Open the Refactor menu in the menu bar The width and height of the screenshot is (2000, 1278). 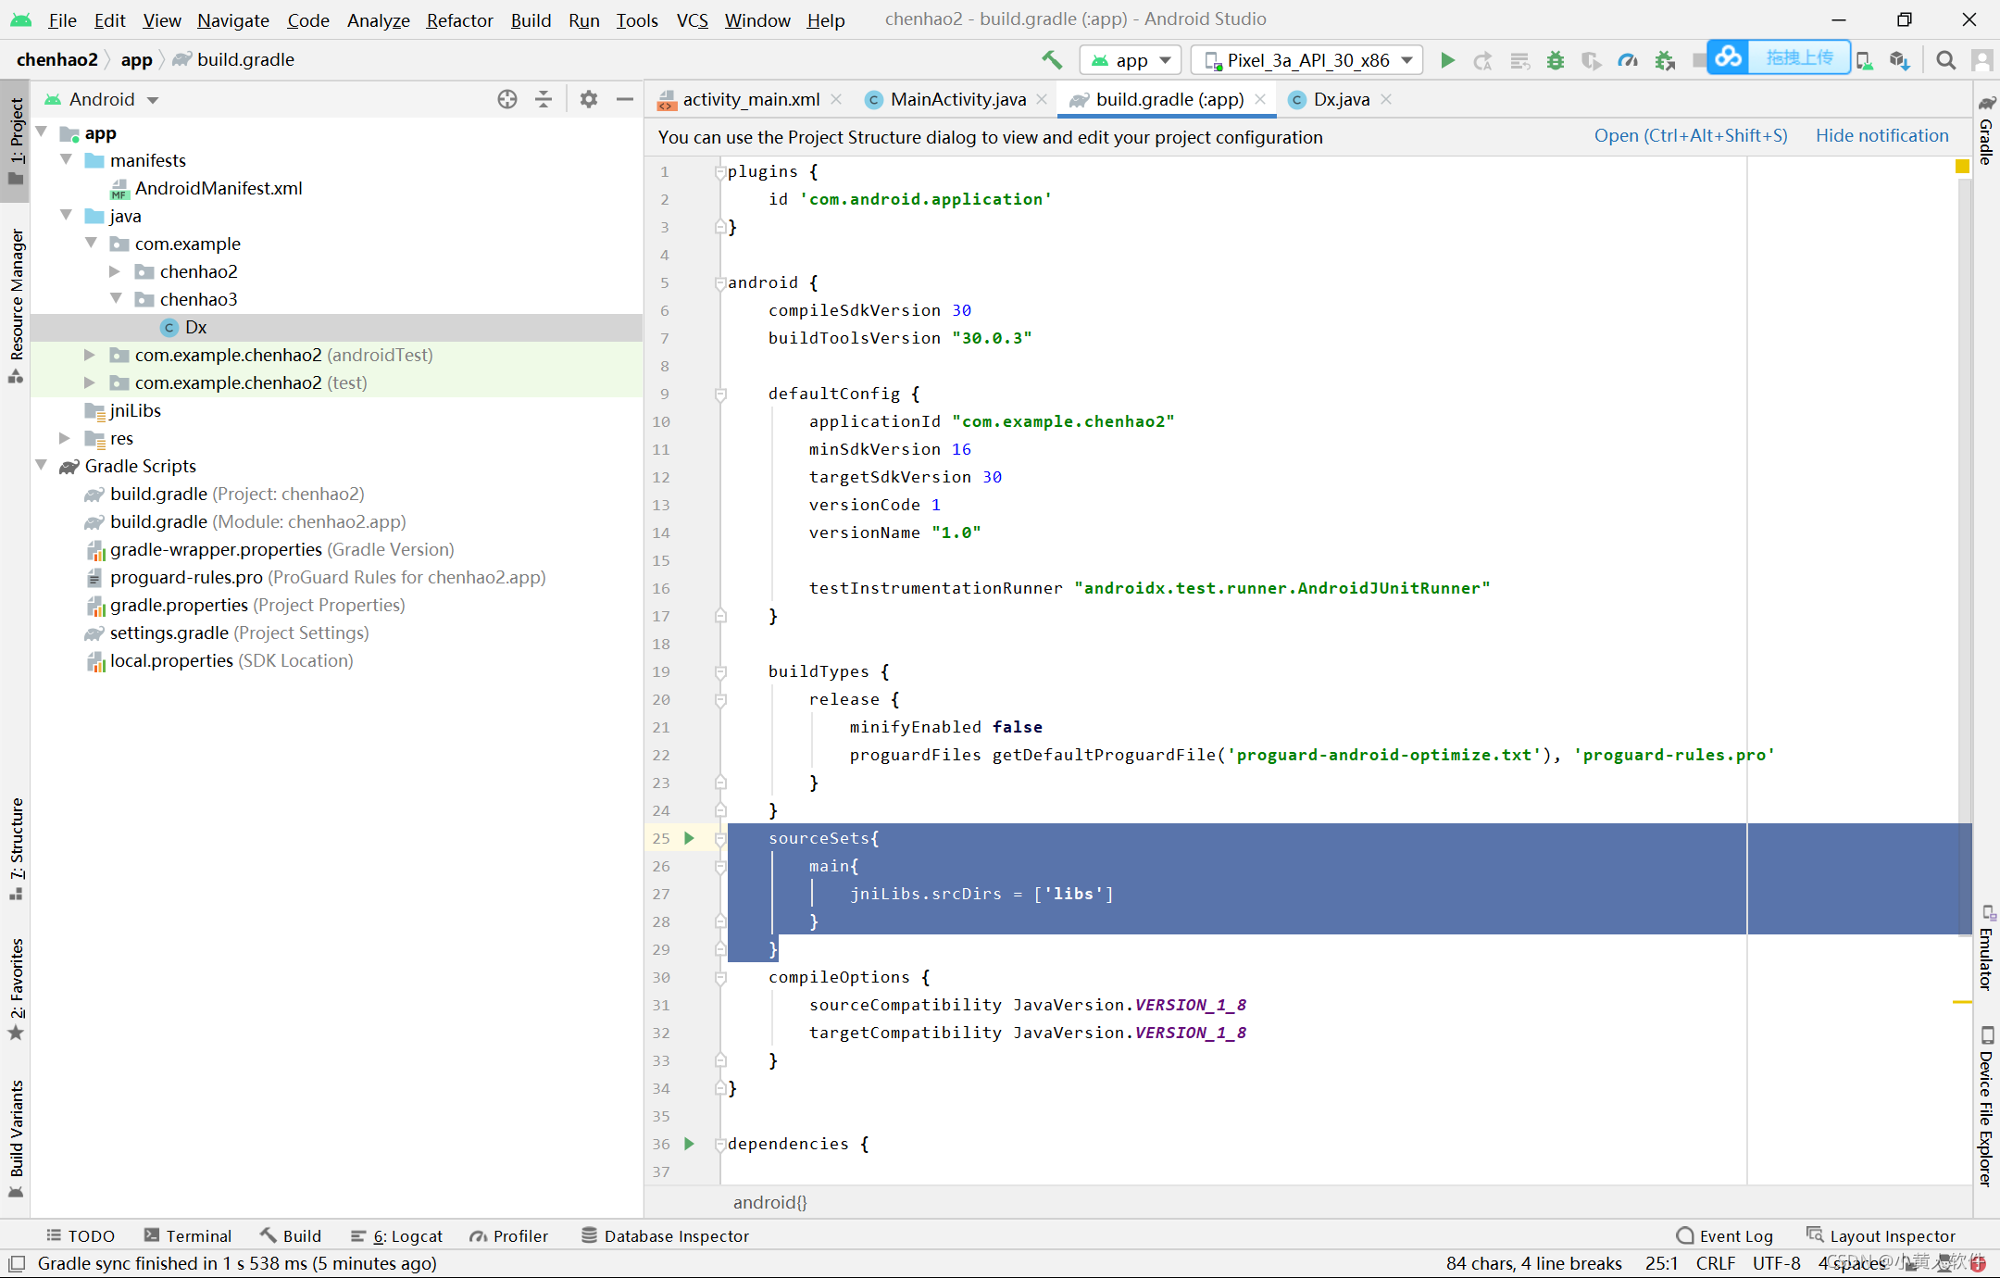(459, 20)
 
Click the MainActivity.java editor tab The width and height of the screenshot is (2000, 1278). (957, 99)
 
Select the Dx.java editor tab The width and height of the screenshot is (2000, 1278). (1341, 99)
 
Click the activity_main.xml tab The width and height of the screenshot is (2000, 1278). (750, 99)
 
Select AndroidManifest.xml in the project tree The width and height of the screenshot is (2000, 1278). (218, 188)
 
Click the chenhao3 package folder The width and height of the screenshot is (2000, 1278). (198, 299)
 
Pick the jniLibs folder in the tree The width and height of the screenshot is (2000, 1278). (135, 410)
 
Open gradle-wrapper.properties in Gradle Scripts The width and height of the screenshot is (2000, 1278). (216, 549)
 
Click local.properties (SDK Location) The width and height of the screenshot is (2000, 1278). (171, 660)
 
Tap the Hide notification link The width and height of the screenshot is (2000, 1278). (1881, 136)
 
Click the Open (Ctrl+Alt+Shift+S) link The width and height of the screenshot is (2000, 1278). (1690, 136)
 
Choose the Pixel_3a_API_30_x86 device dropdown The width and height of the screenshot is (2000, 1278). (1307, 60)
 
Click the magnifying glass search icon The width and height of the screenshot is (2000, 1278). (1945, 60)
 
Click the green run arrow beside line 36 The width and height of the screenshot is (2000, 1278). (689, 1143)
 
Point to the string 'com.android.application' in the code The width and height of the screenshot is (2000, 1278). (926, 199)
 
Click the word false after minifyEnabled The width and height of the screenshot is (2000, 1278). (1017, 727)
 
